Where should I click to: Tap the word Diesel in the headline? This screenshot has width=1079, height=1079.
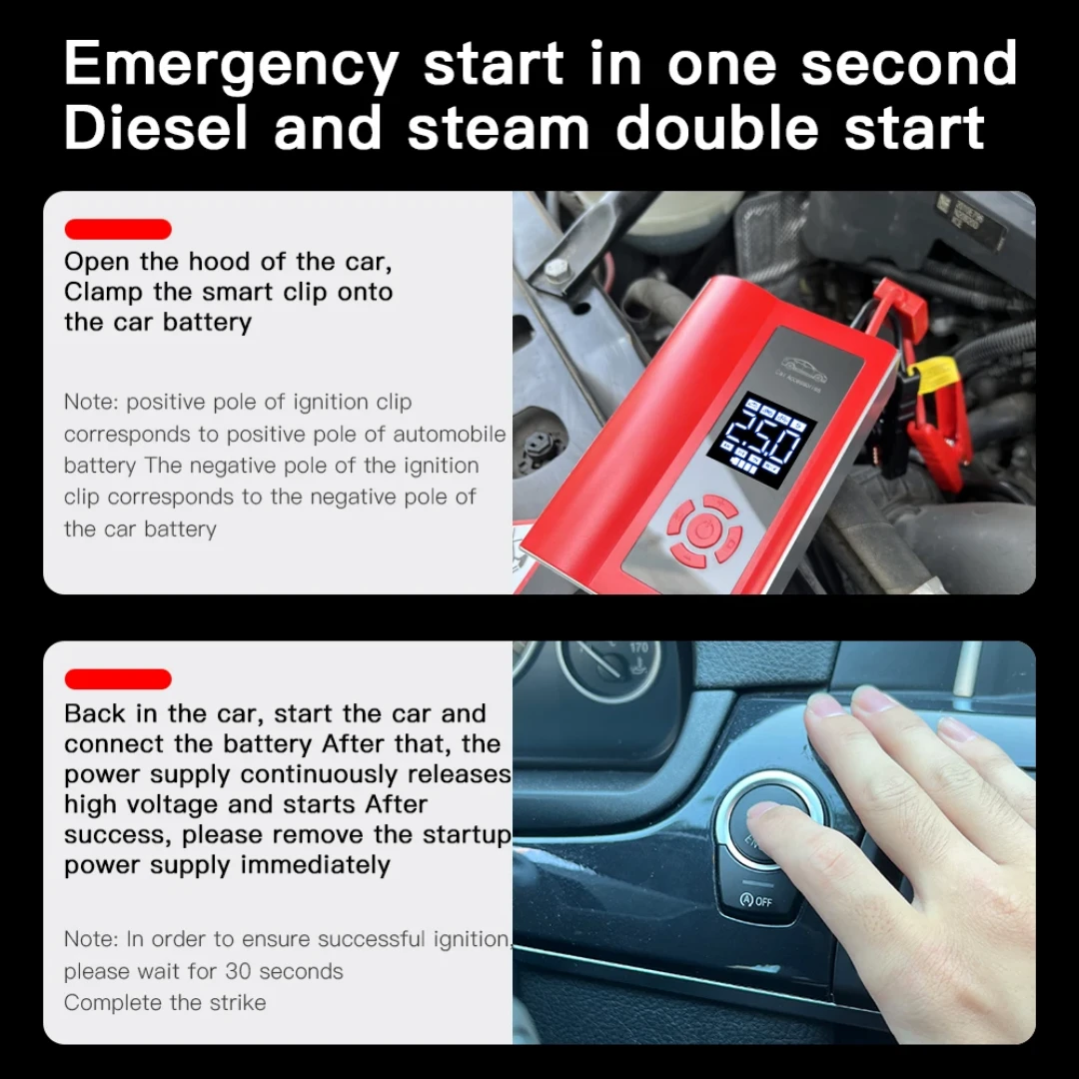pos(156,128)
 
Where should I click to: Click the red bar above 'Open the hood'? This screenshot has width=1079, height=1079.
pos(118,229)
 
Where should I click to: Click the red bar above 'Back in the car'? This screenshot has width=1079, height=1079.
pos(118,679)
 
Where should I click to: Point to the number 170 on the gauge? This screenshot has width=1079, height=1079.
pos(639,647)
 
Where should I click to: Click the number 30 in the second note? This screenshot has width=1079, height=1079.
pos(238,971)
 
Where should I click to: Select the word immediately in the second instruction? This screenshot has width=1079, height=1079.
pos(315,865)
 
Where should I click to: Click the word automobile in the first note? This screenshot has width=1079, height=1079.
pos(450,435)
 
